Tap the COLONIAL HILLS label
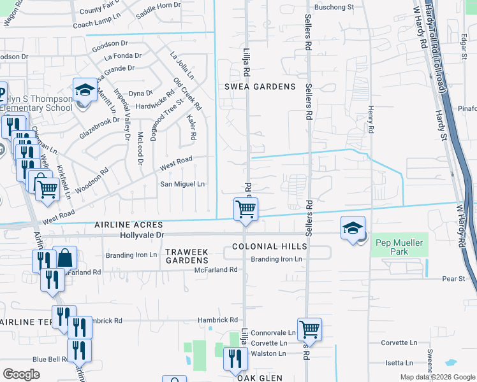[270, 246]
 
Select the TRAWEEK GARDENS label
[187, 257]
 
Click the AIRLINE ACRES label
[129, 225]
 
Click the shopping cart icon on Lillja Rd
[246, 209]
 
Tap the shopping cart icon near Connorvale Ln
[309, 330]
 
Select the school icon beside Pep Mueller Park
[353, 229]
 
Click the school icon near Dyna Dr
[84, 90]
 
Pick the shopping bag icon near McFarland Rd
[65, 258]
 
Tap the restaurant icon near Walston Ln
[235, 359]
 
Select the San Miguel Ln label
[182, 184]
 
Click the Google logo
[21, 374]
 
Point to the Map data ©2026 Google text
[437, 377]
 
